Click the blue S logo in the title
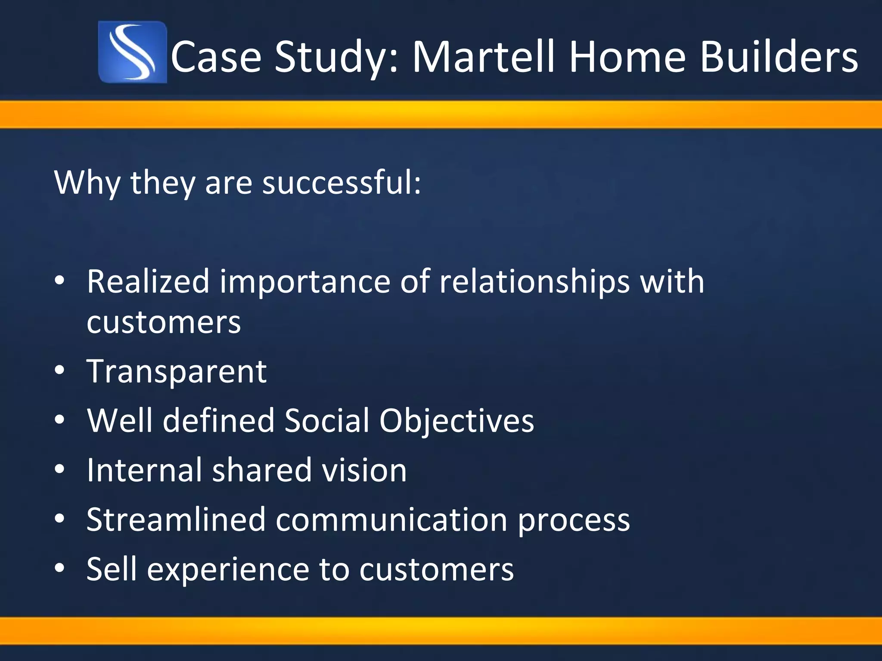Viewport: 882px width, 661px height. click(x=132, y=52)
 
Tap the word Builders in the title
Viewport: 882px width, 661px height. click(x=779, y=57)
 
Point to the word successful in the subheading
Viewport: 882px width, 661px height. click(x=342, y=182)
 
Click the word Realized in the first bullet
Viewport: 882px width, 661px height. click(x=148, y=281)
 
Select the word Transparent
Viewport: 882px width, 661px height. click(x=177, y=371)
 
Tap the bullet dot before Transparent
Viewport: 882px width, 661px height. click(x=60, y=370)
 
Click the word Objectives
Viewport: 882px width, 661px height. click(x=457, y=421)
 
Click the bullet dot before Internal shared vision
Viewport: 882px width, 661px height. click(x=60, y=469)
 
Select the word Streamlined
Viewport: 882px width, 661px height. click(x=176, y=519)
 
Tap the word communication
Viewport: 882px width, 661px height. click(x=391, y=519)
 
